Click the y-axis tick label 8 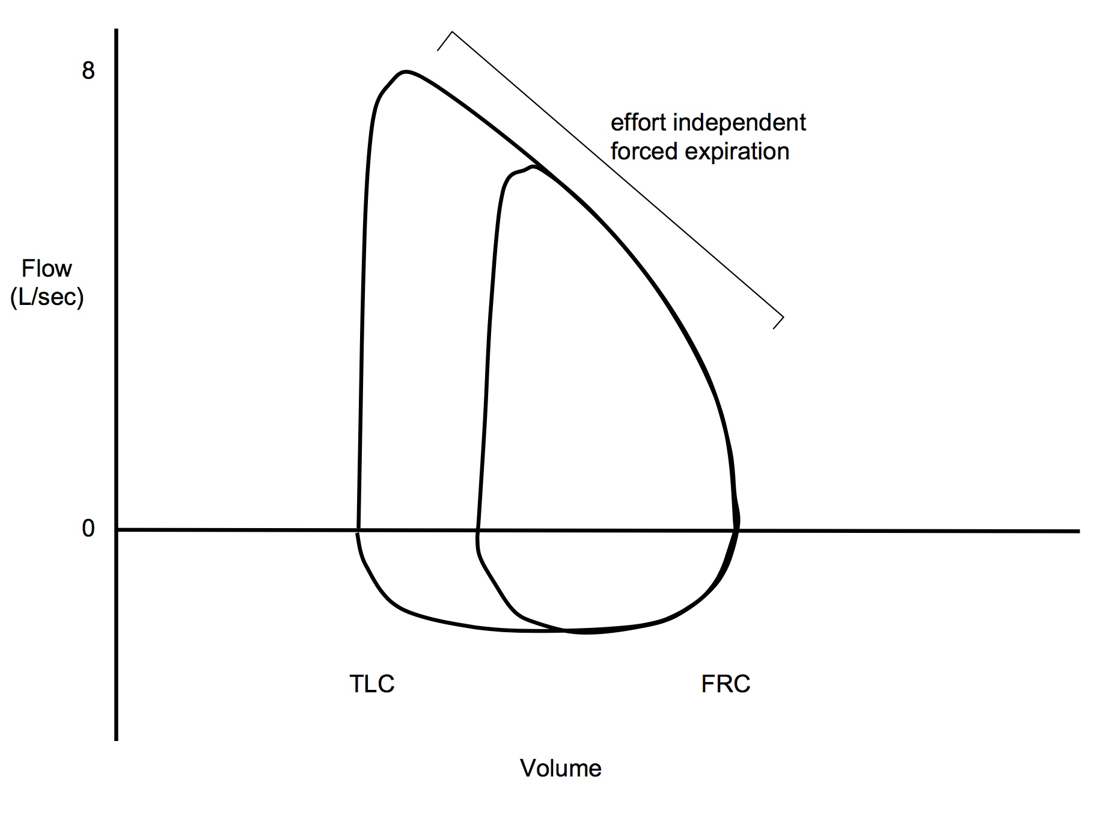coord(88,71)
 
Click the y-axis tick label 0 coord(88,529)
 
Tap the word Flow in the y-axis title coord(47,268)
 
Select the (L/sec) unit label coord(47,297)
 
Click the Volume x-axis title coord(560,768)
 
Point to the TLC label coord(371,684)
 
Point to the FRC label coord(726,684)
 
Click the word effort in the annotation coord(638,123)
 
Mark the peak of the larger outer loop coord(406,72)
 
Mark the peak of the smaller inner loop coord(533,167)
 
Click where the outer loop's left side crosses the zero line coord(358,530)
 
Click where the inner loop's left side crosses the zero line coord(477,530)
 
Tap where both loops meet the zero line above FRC coord(736,530)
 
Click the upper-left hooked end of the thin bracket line coord(438,50)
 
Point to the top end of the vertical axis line coord(116,30)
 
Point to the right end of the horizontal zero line coord(1078,531)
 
